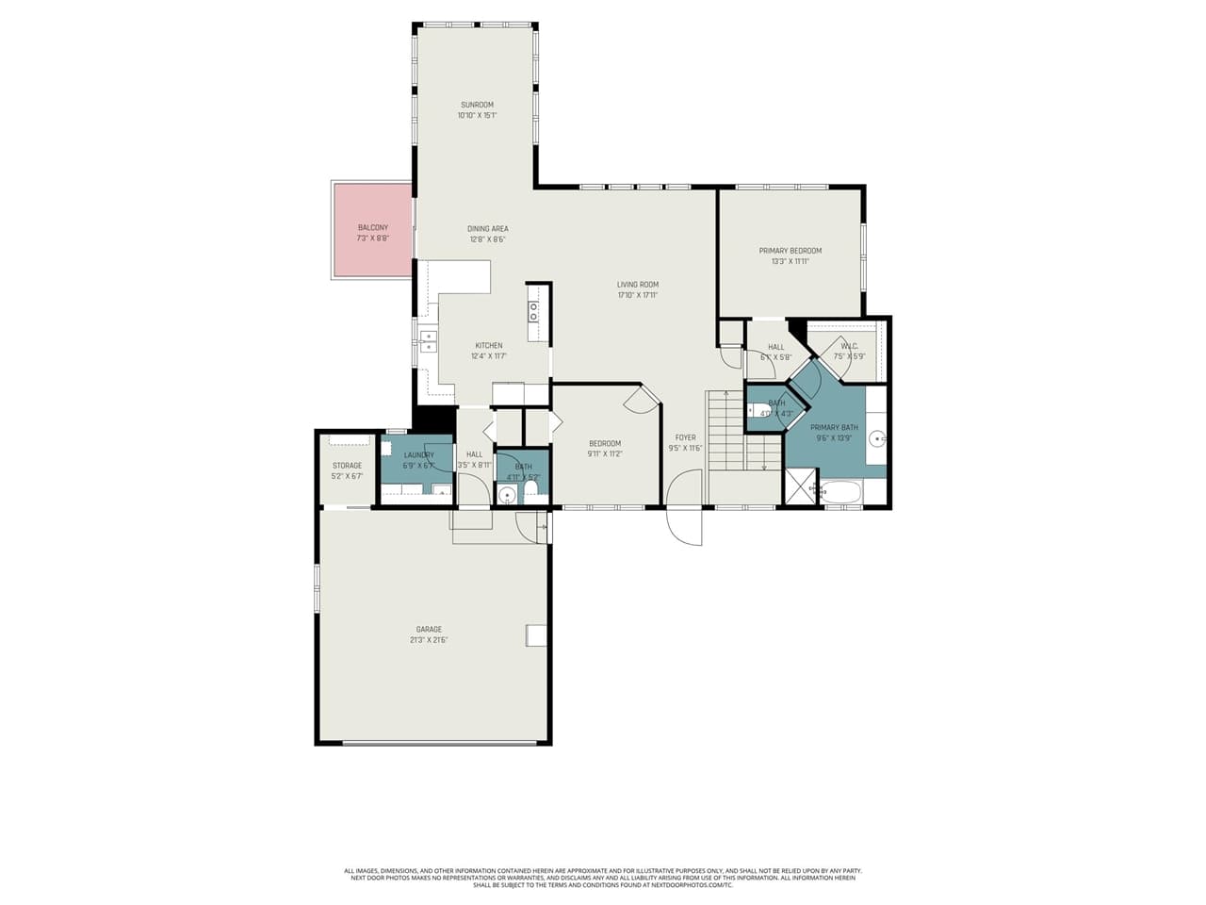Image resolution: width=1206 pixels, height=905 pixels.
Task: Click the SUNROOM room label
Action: pyautogui.click(x=477, y=105)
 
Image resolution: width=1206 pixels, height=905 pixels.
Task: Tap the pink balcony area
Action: pyautogui.click(x=372, y=231)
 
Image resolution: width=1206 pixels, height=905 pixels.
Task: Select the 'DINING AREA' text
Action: pyautogui.click(x=488, y=228)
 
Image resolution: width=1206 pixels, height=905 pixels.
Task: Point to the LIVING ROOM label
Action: pyautogui.click(x=638, y=284)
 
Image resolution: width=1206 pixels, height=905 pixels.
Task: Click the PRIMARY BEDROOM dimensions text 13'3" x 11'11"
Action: pyautogui.click(x=790, y=261)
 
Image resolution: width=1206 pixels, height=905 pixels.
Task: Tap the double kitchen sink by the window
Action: pyautogui.click(x=429, y=340)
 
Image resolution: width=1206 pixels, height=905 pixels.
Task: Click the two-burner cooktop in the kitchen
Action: pyautogui.click(x=533, y=311)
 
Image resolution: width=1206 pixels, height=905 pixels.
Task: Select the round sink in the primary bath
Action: pyautogui.click(x=875, y=438)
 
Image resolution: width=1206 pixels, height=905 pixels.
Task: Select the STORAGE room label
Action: pyautogui.click(x=347, y=466)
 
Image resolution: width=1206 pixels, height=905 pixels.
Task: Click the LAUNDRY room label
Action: pyautogui.click(x=418, y=454)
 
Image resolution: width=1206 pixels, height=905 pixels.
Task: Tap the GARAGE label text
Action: pyautogui.click(x=429, y=629)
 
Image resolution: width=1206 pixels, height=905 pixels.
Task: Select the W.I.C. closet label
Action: pyautogui.click(x=849, y=346)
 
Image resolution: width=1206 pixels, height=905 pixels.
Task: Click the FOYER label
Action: pyautogui.click(x=685, y=437)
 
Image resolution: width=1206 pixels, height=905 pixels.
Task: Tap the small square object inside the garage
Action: pyautogui.click(x=536, y=635)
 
